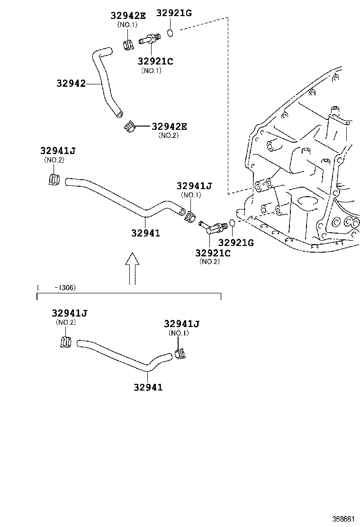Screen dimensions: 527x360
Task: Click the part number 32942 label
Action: (71, 83)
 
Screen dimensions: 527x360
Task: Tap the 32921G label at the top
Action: (174, 13)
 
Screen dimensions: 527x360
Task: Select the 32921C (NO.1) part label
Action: (155, 61)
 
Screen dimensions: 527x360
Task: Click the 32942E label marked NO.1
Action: (128, 15)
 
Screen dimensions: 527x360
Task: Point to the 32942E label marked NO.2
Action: (169, 127)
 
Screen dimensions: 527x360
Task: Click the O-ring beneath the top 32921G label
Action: (171, 33)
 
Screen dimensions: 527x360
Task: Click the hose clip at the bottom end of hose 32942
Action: (129, 127)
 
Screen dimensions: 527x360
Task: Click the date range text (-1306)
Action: (57, 288)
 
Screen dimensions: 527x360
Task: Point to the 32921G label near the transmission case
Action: (236, 243)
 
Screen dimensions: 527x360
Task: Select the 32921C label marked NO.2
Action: (213, 253)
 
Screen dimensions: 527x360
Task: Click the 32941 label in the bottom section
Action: (147, 387)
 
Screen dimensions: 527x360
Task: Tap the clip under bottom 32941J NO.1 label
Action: (180, 354)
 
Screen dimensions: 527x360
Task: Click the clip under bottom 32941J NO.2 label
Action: (65, 341)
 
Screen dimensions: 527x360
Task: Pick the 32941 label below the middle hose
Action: (145, 233)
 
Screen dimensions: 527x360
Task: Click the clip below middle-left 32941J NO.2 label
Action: (54, 180)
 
